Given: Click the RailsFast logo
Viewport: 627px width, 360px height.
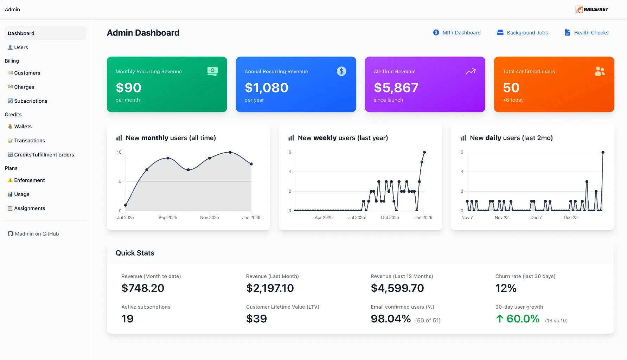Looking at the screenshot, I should pos(592,9).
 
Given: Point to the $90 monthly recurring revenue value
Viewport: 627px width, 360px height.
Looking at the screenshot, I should pos(128,88).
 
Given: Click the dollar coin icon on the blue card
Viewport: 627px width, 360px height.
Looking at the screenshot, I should pos(341,71).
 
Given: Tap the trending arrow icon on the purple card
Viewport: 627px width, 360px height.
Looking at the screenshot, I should pos(471,71).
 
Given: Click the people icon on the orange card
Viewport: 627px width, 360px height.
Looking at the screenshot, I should pos(600,71).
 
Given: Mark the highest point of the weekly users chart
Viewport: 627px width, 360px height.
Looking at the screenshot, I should pos(424,152).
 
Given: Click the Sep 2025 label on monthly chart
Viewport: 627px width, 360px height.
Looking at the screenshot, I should pos(168,218).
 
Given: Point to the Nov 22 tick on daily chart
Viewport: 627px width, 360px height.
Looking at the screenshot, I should pos(501,218).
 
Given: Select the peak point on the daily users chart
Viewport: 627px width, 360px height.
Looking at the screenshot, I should pos(603,152).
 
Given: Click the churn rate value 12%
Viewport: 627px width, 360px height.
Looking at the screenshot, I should pos(506,288).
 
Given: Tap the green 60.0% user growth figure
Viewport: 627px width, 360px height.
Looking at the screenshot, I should pos(523,319).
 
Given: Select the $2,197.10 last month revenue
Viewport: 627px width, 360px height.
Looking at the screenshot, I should pos(270,288).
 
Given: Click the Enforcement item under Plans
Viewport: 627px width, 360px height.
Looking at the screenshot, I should pos(30,180).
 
